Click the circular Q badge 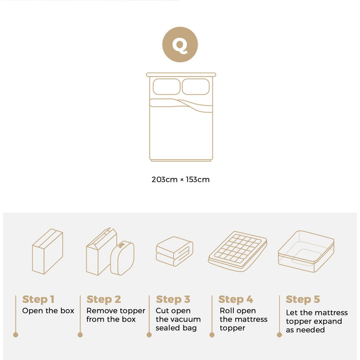click(180, 45)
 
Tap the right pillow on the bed click(195, 86)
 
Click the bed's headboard click(181, 75)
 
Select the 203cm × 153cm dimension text click(181, 179)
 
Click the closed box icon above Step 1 click(47, 251)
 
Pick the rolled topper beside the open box click(122, 258)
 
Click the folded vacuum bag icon click(174, 251)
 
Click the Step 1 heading click(38, 299)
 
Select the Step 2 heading click(103, 299)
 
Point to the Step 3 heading click(173, 299)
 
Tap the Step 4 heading click(236, 299)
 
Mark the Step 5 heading click(303, 299)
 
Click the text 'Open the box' click(48, 311)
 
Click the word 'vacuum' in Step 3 click(186, 319)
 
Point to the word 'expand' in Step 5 click(329, 321)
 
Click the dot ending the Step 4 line click(212, 335)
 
